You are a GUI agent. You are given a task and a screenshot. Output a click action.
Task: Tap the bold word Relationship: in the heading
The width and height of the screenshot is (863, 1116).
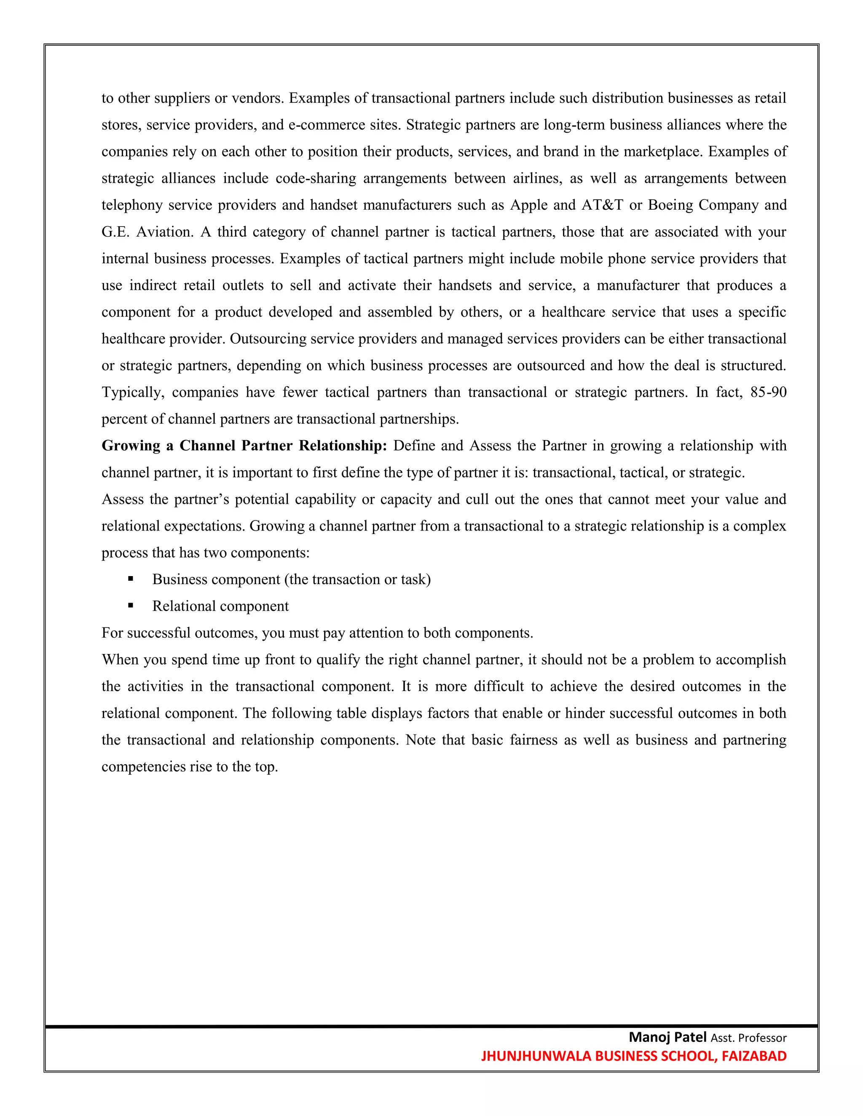(x=343, y=446)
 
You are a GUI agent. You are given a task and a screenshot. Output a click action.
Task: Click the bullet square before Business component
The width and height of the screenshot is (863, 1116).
(x=131, y=579)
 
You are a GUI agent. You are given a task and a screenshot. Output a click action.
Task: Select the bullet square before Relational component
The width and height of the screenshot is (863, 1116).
(x=131, y=606)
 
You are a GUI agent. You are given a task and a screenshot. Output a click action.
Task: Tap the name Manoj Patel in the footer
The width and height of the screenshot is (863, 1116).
(x=667, y=1037)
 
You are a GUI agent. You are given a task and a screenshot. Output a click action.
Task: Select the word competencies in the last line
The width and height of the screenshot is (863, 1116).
(x=144, y=766)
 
